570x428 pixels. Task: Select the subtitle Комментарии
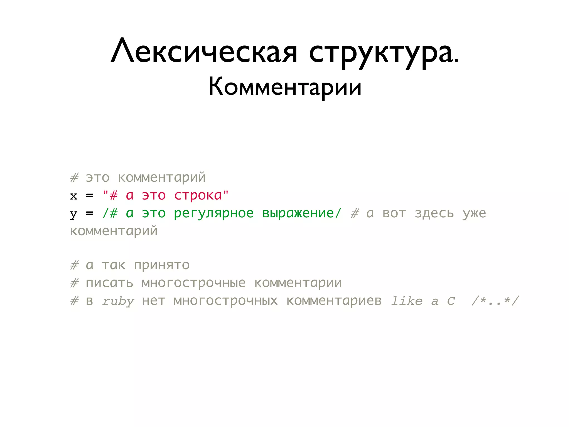(x=285, y=87)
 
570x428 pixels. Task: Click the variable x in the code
(x=73, y=196)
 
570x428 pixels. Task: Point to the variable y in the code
(x=73, y=214)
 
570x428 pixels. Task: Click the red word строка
(x=198, y=195)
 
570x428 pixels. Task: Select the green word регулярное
(x=214, y=213)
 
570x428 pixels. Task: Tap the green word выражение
(x=298, y=213)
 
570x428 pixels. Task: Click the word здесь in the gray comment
(x=434, y=213)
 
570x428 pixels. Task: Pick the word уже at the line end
(x=474, y=213)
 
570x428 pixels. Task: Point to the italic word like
(x=407, y=301)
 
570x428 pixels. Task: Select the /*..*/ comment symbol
(x=495, y=301)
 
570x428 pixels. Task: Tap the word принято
(x=162, y=265)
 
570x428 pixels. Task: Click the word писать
(x=109, y=283)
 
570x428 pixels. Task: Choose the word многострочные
(x=194, y=283)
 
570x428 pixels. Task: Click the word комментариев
(x=334, y=301)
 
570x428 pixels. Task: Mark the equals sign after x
(x=90, y=196)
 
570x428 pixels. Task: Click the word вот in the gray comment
(x=394, y=213)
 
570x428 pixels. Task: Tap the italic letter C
(x=451, y=301)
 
